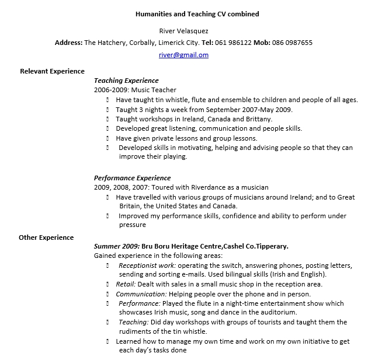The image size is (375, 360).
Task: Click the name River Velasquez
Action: (183, 30)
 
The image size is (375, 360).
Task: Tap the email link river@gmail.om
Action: (183, 55)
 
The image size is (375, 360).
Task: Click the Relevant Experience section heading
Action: (53, 71)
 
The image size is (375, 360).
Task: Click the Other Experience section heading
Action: (46, 237)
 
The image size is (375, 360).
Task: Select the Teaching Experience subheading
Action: (126, 81)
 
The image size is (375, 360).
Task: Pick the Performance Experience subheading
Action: (132, 178)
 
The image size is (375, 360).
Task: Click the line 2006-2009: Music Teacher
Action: (135, 90)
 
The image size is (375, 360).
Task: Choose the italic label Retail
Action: (125, 284)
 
